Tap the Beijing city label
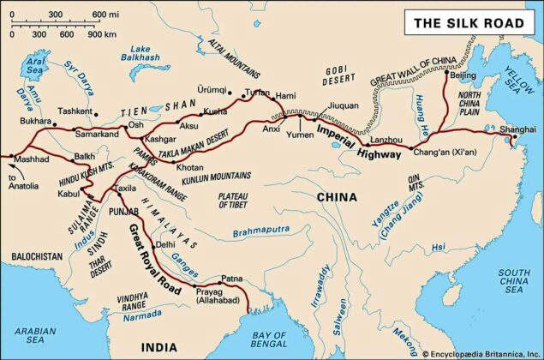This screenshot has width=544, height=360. click(x=462, y=76)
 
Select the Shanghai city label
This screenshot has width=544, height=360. click(x=518, y=128)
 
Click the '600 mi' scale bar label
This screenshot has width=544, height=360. click(x=106, y=15)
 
